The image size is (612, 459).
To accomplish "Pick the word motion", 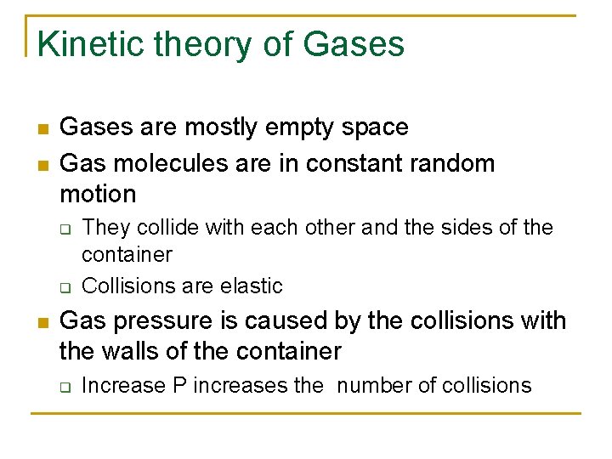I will (x=98, y=194).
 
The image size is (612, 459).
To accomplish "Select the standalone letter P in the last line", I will (x=179, y=385).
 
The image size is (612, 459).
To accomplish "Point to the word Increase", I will (x=123, y=385).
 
